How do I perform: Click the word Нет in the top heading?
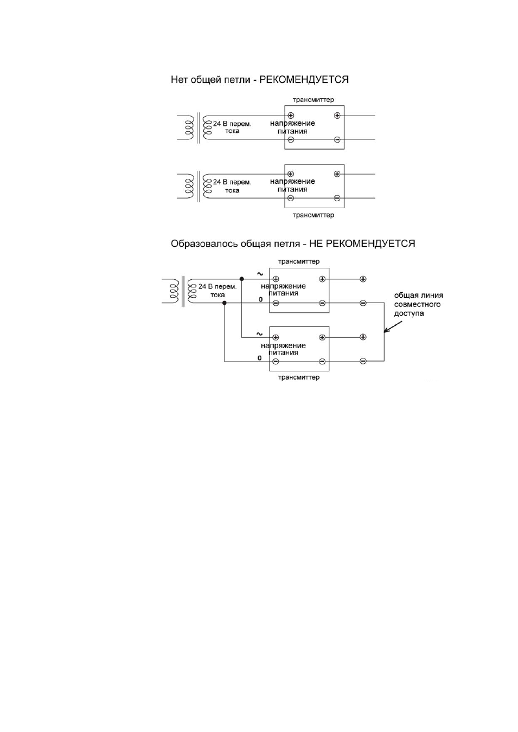coord(179,79)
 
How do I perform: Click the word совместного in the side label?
coord(417,304)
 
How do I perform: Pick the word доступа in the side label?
coord(409,314)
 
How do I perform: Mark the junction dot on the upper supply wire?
coord(241,279)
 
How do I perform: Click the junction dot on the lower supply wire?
coord(224,303)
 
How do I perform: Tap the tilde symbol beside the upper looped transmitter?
coord(260,274)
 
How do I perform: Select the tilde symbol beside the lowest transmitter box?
coord(259,334)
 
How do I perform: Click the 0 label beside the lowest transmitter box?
coord(259,358)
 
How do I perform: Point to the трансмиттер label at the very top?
coord(314,100)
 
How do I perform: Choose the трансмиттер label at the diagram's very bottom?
coord(299,377)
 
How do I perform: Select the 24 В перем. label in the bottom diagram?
coord(218,287)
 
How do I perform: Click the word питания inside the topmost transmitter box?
coord(292,132)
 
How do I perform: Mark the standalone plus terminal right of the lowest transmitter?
coord(363,337)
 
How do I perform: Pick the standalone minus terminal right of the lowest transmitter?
coord(363,361)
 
